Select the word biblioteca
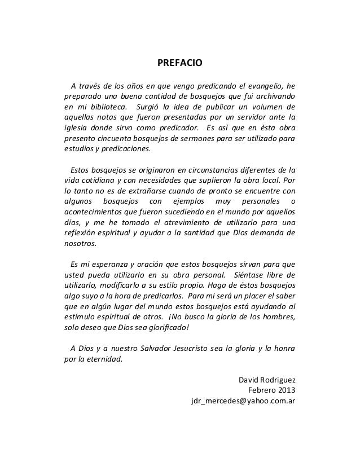[111, 107]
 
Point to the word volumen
[263, 107]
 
